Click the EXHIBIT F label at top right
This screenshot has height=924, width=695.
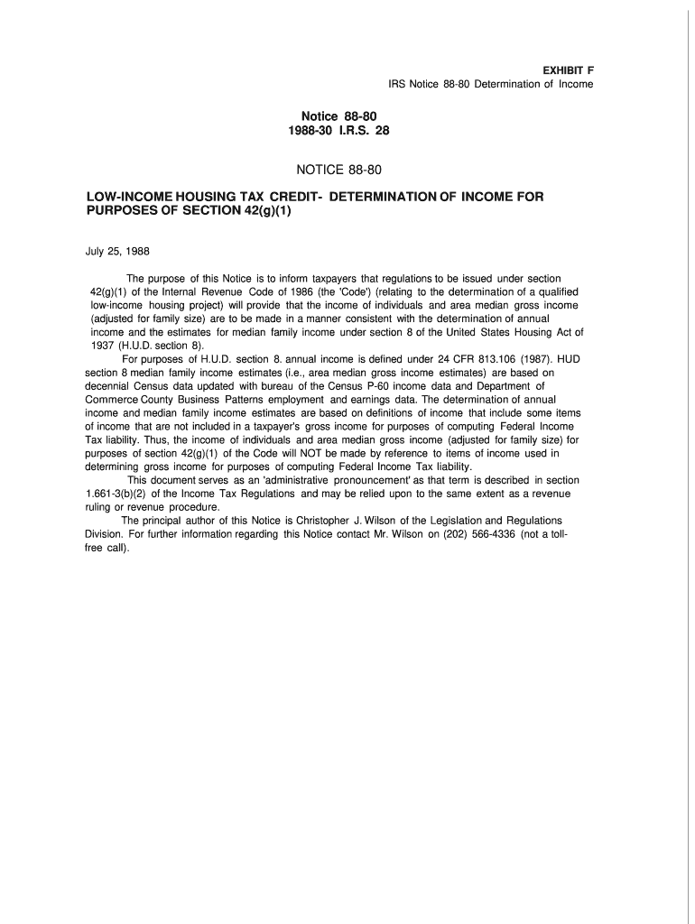[568, 69]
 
